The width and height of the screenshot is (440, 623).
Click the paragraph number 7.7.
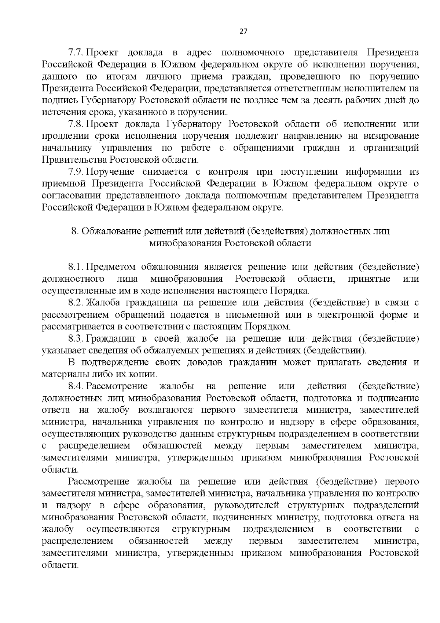77,53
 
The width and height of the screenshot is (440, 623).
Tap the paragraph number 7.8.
77,124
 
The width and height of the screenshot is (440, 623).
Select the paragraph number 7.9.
77,172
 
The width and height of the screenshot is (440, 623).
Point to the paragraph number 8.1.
76,267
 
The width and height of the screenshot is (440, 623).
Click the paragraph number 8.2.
76,303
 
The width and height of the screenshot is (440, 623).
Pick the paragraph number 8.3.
76,339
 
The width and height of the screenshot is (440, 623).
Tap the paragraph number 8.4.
76,386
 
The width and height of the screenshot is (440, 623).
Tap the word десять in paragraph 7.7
331,101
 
